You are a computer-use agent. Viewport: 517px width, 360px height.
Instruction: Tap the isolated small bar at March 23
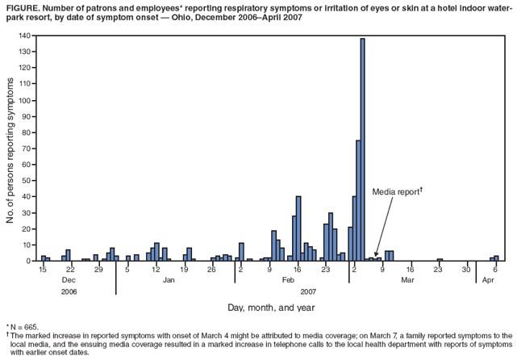(x=440, y=259)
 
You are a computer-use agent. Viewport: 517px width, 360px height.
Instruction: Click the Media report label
(x=396, y=192)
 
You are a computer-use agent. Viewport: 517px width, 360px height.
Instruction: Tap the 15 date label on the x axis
(x=42, y=269)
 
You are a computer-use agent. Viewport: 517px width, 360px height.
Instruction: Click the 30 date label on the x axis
(x=466, y=269)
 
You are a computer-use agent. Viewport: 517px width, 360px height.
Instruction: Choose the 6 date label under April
(x=494, y=269)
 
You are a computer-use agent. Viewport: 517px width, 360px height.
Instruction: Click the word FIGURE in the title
(x=21, y=6)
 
